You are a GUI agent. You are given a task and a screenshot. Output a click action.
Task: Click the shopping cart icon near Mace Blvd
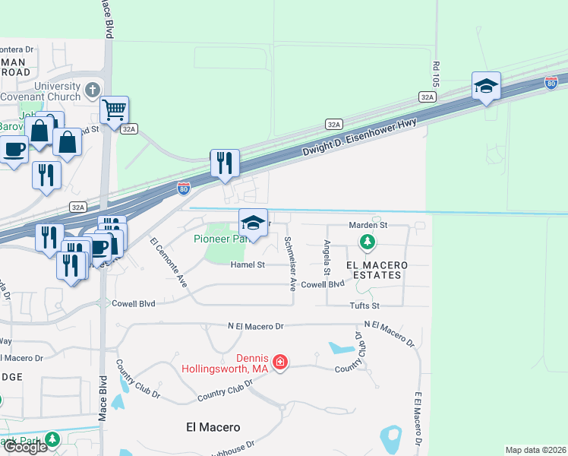pos(114,110)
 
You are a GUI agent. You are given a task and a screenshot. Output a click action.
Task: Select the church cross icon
pos(92,90)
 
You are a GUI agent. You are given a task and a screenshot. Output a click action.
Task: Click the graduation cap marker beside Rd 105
pos(485,87)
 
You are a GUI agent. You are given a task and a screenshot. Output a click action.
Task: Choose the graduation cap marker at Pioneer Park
pos(254,223)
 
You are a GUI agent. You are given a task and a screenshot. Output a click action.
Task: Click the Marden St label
pos(368,225)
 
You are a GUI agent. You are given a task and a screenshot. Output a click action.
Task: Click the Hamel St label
pos(248,264)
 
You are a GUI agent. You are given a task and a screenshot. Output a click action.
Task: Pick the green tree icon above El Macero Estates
pos(368,242)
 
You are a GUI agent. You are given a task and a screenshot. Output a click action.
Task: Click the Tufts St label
pos(364,305)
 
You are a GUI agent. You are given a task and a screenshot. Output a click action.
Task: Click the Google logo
pos(24,447)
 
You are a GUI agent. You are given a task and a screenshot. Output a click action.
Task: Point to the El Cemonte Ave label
pos(169,261)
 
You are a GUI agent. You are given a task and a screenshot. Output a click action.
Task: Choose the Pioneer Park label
pos(219,239)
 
